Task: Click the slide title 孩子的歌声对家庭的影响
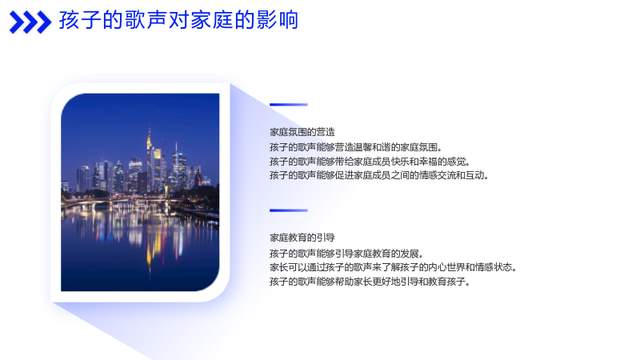pyautogui.click(x=178, y=20)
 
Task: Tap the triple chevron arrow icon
pyautogui.click(x=30, y=22)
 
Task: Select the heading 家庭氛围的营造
pyautogui.click(x=302, y=132)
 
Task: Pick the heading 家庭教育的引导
pyautogui.click(x=302, y=238)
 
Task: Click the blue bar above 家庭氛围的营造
pyautogui.click(x=289, y=105)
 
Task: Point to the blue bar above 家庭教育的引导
pyautogui.click(x=289, y=210)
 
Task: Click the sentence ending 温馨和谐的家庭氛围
pyautogui.click(x=355, y=147)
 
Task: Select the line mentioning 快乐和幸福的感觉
pyautogui.click(x=370, y=162)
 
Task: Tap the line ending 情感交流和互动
pyautogui.click(x=379, y=175)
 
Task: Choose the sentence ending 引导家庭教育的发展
pyautogui.click(x=346, y=254)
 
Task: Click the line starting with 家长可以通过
pyautogui.click(x=393, y=267)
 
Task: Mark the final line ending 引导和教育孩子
pyautogui.click(x=370, y=282)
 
